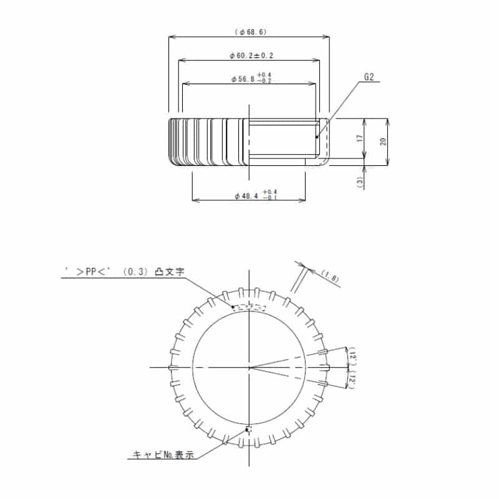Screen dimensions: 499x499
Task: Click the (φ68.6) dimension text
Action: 249,32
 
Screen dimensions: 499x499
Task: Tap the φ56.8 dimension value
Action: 243,79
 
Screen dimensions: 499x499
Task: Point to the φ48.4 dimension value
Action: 246,196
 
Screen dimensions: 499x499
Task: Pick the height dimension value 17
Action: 359,138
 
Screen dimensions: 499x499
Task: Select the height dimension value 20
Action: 383,141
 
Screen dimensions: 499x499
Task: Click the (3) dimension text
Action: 359,181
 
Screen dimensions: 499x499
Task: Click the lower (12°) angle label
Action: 352,380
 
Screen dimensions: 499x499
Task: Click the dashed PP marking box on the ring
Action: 249,307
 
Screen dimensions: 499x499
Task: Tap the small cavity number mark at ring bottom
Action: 248,429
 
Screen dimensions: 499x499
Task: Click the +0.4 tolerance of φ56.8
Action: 272,75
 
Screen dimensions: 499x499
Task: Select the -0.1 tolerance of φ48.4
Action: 270,198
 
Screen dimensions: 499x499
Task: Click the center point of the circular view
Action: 249,367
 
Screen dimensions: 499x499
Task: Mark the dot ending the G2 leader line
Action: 317,137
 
